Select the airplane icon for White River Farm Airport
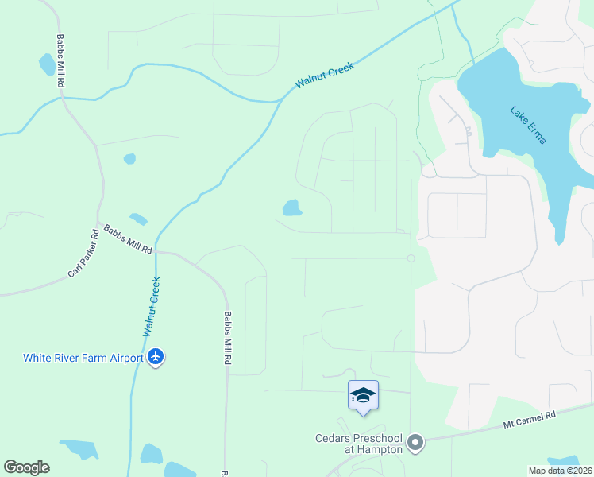tap(156, 357)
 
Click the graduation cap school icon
tap(363, 395)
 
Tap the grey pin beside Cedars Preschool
tap(415, 442)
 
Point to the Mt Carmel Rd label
tap(530, 420)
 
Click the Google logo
tap(26, 467)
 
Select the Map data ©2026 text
tap(560, 471)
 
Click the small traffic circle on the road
tap(411, 258)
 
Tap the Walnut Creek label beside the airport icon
tap(151, 307)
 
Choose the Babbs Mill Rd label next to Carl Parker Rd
tap(128, 238)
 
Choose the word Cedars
tap(333, 437)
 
